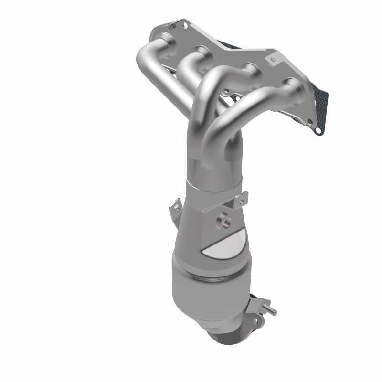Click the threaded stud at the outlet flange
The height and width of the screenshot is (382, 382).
tap(273, 312)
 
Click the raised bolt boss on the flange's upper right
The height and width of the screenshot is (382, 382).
tap(273, 61)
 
